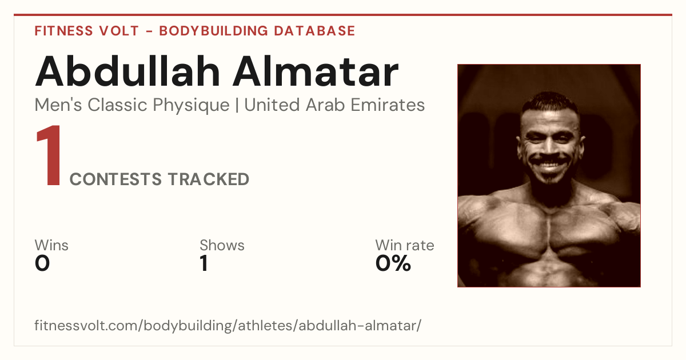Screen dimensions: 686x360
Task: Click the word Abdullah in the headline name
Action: pyautogui.click(x=127, y=71)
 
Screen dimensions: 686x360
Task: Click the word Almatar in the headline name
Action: pyautogui.click(x=316, y=71)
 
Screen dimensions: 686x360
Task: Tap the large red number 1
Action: pyautogui.click(x=50, y=155)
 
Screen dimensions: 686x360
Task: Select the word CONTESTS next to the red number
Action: pyautogui.click(x=115, y=179)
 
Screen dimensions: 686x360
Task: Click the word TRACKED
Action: pyautogui.click(x=209, y=179)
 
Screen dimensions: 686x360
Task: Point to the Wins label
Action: pyautogui.click(x=51, y=245)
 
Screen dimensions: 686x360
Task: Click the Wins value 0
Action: pyautogui.click(x=42, y=263)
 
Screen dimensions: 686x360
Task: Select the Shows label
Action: pyautogui.click(x=222, y=245)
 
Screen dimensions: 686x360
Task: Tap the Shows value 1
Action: pyautogui.click(x=204, y=263)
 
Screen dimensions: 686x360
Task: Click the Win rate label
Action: pyautogui.click(x=405, y=245)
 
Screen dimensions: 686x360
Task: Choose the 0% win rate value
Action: pyautogui.click(x=393, y=263)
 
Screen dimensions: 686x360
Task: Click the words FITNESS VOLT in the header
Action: pyautogui.click(x=87, y=31)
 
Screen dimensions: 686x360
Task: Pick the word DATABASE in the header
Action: pyautogui.click(x=314, y=31)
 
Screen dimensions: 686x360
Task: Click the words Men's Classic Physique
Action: pyautogui.click(x=132, y=105)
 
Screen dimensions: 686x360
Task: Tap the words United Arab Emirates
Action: pyautogui.click(x=334, y=105)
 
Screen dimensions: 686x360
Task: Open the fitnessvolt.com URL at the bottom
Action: pyautogui.click(x=228, y=325)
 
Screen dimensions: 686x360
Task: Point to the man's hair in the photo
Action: pyautogui.click(x=550, y=102)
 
